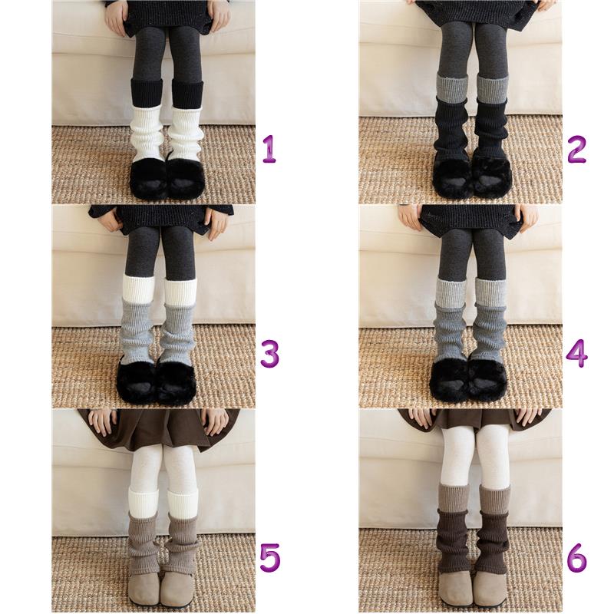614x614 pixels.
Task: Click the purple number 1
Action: [x=269, y=149]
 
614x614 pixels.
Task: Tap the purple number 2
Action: [x=576, y=149]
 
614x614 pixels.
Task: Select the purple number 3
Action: [x=270, y=353]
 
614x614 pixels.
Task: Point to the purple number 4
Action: [x=577, y=353]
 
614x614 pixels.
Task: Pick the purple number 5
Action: [x=270, y=557]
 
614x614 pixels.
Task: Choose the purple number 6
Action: [x=577, y=557]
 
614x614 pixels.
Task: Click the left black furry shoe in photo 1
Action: [x=148, y=178]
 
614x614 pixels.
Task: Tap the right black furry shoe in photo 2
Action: [x=492, y=174]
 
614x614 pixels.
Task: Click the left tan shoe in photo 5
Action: [x=145, y=589]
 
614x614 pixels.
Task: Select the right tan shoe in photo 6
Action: [x=490, y=589]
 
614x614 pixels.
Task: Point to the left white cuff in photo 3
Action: [x=139, y=289]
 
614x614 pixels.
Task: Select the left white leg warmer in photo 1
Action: [x=147, y=132]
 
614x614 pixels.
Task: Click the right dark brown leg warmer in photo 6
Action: [x=493, y=542]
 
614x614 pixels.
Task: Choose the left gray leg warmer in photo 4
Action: [x=450, y=332]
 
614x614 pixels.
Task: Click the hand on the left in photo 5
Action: [x=103, y=422]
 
